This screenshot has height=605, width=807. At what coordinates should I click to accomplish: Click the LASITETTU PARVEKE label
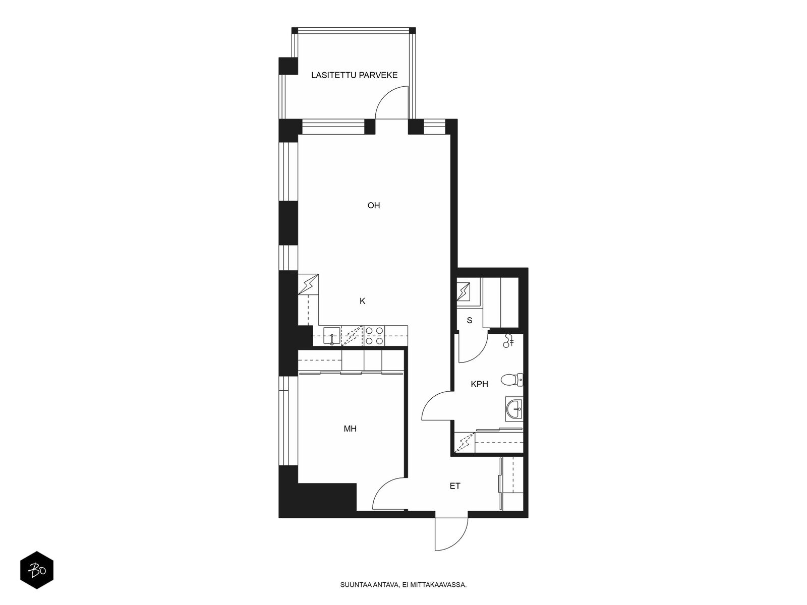coord(354,75)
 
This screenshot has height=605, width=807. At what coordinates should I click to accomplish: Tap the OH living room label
coord(374,205)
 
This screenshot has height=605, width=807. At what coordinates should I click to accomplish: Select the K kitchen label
coord(362,301)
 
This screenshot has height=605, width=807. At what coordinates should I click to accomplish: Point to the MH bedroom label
coord(350,429)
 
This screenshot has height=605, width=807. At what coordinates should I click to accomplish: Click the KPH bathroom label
coord(480,384)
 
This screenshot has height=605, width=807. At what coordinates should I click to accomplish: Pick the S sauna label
coord(470,320)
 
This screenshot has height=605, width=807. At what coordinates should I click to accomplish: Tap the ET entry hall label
coord(455,486)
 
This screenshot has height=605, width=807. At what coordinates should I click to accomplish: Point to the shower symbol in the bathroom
coord(508,340)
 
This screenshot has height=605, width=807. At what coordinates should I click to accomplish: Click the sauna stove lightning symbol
coord(463,292)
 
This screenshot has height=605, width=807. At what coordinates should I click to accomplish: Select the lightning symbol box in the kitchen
coord(308,284)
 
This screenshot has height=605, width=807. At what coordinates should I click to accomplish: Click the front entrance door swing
coord(451,534)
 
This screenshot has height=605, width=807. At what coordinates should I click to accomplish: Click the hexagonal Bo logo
coord(37,570)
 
